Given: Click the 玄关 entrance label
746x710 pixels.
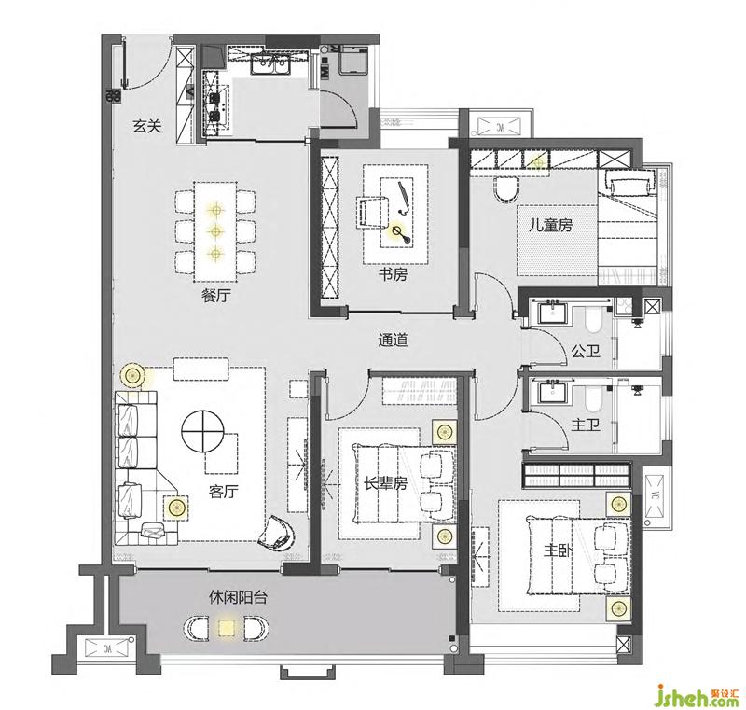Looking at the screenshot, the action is coord(147,126).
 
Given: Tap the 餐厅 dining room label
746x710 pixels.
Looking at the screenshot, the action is coord(216,296).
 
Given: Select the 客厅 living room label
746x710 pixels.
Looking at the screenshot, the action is coord(223,492).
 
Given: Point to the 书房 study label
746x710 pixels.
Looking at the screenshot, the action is coord(393,274).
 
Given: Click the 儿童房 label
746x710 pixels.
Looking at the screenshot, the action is coord(551,225).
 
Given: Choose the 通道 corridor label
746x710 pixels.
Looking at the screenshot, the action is coord(393,341).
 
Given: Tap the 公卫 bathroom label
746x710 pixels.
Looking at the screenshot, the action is coord(586,352).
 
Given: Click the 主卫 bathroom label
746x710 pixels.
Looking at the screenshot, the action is coord(586,424).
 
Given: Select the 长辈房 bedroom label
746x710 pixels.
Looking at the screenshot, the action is coord(386,484).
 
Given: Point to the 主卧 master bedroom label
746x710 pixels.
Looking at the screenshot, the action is coord(559,550).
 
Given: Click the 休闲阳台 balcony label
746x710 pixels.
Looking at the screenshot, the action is coord(238,597).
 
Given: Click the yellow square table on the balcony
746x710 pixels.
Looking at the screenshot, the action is coord(226,628).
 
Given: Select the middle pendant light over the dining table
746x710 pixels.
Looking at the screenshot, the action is coord(216,231).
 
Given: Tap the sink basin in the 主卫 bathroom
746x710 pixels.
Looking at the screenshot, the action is coord(552,394).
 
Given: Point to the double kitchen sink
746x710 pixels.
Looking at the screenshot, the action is coord(270,64).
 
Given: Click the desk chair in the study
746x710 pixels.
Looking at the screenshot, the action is coord(370,213).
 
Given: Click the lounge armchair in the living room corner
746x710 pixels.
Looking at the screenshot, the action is coord(277,534).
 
